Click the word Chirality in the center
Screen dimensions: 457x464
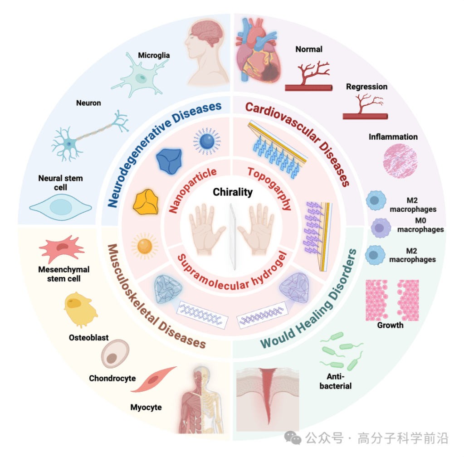pos(233,192)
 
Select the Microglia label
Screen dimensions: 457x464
pos(154,55)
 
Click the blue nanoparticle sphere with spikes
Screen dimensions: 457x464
pos(207,141)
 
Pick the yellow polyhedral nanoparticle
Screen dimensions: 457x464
pos(147,202)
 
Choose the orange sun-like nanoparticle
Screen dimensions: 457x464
pos(145,246)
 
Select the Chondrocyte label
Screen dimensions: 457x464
pos(112,378)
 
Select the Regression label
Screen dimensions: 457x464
pos(366,87)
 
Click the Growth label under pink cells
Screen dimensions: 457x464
pos(390,325)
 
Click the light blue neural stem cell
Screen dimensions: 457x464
pos(60,207)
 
